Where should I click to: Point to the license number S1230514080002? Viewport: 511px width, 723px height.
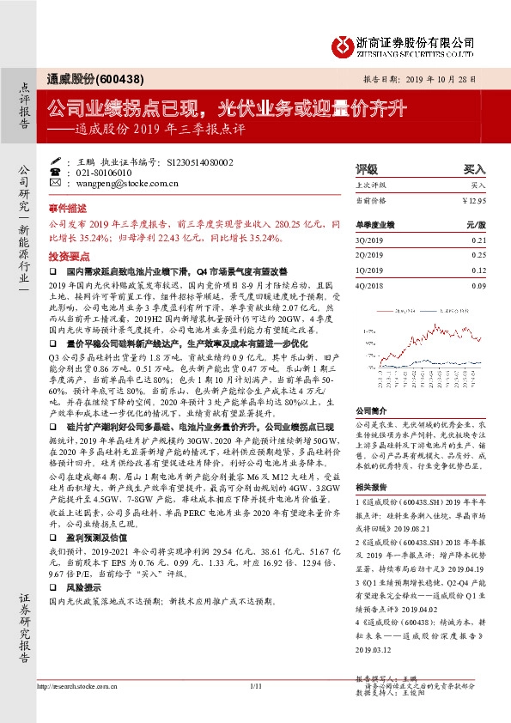(x=198, y=161)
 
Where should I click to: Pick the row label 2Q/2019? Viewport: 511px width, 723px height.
(x=370, y=255)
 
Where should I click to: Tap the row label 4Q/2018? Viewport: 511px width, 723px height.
(x=370, y=285)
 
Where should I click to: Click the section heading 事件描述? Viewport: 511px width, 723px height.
(x=68, y=208)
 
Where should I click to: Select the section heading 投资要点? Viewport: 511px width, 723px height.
(x=68, y=255)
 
